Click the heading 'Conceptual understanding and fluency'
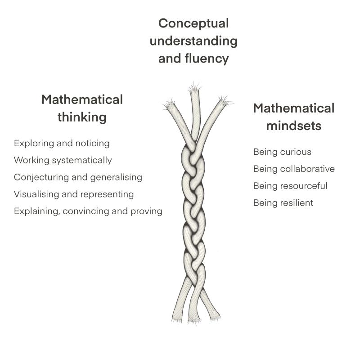point(193,41)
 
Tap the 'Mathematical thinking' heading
point(82,108)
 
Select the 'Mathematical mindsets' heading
point(293,117)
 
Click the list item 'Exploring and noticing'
point(62,143)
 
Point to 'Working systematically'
point(63,160)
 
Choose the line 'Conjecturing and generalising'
point(78,177)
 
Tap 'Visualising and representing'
point(74,194)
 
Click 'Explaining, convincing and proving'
point(88,211)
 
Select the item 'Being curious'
point(282,152)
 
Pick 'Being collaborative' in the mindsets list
point(294,169)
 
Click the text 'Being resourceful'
point(290,186)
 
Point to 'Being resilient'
point(283,203)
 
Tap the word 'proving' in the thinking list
point(146,211)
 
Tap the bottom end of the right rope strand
point(215,316)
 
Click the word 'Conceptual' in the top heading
point(193,23)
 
